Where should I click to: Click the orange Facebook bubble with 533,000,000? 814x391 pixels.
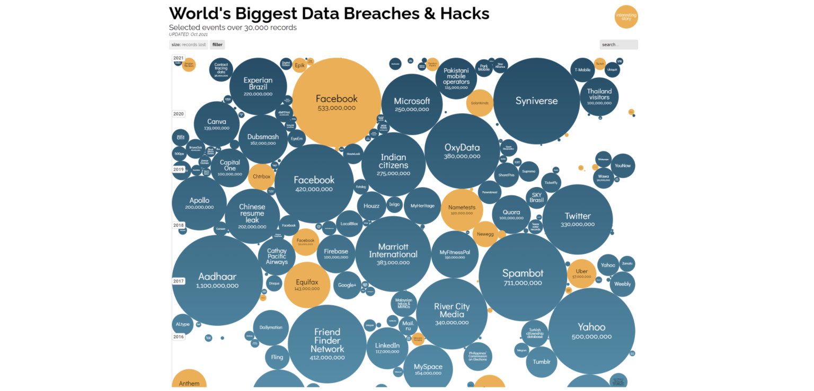[337, 102]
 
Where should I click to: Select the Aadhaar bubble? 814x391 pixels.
[217, 280]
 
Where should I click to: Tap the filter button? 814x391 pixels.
[217, 45]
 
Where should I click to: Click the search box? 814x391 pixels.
[618, 45]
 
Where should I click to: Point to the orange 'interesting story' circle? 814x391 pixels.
[626, 17]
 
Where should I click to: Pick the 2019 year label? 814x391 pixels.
[179, 169]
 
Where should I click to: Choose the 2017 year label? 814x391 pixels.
[179, 281]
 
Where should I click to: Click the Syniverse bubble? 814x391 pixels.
[536, 101]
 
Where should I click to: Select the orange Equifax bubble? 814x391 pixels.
[307, 285]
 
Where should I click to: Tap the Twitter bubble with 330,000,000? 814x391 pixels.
[577, 219]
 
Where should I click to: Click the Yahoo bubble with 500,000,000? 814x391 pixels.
[591, 331]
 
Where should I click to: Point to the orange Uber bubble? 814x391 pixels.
[581, 273]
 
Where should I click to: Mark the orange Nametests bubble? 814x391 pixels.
[462, 209]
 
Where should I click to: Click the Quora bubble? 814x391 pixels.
[511, 215]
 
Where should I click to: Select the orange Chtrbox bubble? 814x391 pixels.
[261, 176]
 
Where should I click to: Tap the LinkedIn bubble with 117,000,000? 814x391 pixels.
[387, 348]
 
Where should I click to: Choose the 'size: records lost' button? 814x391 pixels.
[189, 45]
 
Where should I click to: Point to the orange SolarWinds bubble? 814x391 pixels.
[480, 103]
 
